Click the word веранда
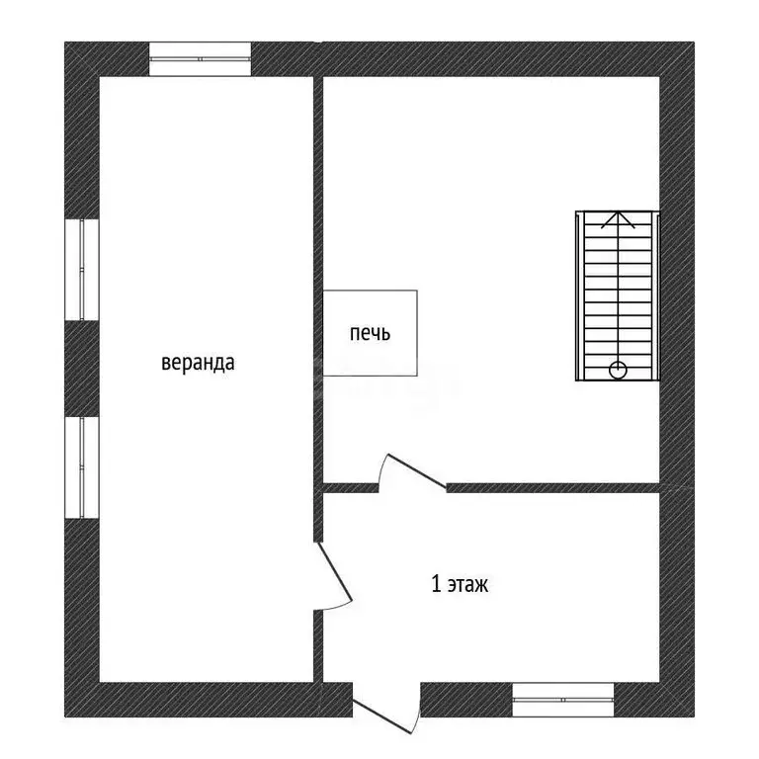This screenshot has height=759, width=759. pyautogui.click(x=198, y=363)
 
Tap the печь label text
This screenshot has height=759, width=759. pyautogui.click(x=370, y=333)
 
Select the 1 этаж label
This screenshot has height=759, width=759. pyautogui.click(x=460, y=584)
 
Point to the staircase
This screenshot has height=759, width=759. pyautogui.click(x=618, y=295)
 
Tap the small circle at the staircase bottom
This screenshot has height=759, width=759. pyautogui.click(x=618, y=371)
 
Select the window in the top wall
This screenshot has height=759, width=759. pyautogui.click(x=200, y=59)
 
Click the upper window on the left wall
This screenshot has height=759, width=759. pyautogui.click(x=82, y=270)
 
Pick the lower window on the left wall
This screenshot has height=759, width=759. pyautogui.click(x=82, y=467)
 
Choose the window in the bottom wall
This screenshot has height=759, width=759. pyautogui.click(x=563, y=700)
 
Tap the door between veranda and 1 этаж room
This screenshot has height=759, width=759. pyautogui.click(x=333, y=575)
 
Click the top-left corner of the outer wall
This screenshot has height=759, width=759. pyautogui.click(x=65, y=42)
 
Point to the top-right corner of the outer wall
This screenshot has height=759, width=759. pyautogui.click(x=694, y=42)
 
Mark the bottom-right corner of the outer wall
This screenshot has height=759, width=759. pyautogui.click(x=694, y=717)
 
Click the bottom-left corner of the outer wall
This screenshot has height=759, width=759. pyautogui.click(x=65, y=717)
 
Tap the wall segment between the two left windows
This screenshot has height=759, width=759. pyautogui.click(x=82, y=369)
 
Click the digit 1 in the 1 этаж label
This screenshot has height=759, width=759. pyautogui.click(x=436, y=584)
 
